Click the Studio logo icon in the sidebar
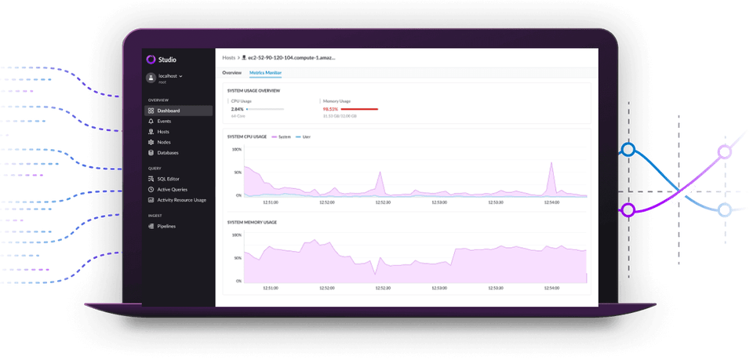click(151, 59)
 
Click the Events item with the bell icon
click(164, 122)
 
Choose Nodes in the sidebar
click(163, 142)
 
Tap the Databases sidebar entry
click(167, 153)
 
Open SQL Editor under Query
click(168, 179)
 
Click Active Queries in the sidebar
click(172, 189)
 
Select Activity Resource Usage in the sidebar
click(181, 200)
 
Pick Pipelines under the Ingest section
click(166, 226)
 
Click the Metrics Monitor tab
click(265, 72)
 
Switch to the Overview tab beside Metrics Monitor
click(231, 72)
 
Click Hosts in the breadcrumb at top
click(229, 57)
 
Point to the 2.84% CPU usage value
click(238, 109)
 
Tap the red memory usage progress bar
click(358, 109)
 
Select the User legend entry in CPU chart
click(307, 136)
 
